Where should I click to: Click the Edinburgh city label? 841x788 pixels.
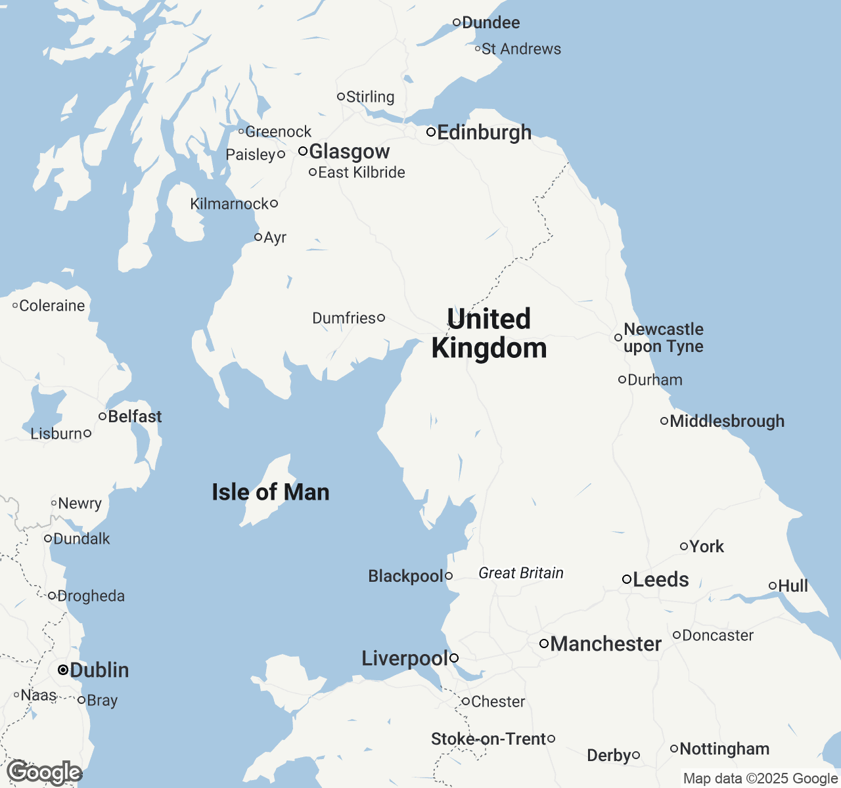tap(484, 132)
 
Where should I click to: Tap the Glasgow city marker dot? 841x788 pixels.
tap(303, 151)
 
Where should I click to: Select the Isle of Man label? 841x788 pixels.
tap(270, 492)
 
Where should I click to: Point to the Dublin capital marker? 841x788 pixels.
tap(62, 670)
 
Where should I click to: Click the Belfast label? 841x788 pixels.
tap(135, 416)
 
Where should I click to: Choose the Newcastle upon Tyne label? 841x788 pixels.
tap(664, 338)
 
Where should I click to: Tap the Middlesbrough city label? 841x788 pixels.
tap(727, 421)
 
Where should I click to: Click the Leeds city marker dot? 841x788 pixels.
tap(627, 579)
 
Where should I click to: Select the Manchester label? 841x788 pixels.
tap(606, 644)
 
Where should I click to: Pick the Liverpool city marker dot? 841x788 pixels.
tap(454, 658)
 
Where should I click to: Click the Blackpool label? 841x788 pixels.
tap(406, 576)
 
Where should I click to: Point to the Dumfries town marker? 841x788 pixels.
tap(381, 318)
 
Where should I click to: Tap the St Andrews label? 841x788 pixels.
tap(521, 49)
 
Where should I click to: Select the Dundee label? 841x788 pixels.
tap(491, 22)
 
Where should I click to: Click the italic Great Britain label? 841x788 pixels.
tap(521, 573)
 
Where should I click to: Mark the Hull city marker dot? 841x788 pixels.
tap(773, 586)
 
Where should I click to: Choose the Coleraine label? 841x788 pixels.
tap(52, 305)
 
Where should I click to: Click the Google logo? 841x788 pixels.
tap(44, 772)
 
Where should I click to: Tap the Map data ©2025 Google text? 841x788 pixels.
tap(760, 778)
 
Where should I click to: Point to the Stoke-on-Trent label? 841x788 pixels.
tap(488, 739)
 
